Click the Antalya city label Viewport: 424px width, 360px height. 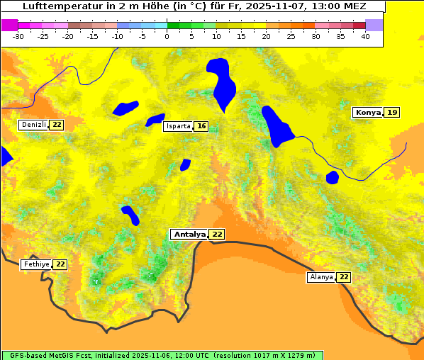point(189,234)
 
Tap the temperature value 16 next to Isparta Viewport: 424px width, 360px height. point(201,126)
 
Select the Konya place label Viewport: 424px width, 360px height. point(368,112)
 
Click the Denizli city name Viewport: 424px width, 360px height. point(33,125)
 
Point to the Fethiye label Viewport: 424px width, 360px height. point(36,264)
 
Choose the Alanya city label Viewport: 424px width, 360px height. point(320,277)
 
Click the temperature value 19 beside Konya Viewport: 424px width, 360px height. point(392,112)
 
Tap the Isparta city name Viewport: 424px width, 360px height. point(178,126)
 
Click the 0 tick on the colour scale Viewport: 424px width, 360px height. point(167,36)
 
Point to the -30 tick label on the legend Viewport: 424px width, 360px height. point(18,36)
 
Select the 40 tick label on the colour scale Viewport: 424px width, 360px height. point(365,36)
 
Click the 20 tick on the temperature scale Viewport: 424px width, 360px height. point(266,36)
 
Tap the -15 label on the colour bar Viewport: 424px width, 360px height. point(92,36)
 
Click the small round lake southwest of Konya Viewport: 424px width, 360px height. point(332,176)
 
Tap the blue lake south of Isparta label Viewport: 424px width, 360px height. point(185,164)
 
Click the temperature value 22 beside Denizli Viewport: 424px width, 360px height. point(57,125)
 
